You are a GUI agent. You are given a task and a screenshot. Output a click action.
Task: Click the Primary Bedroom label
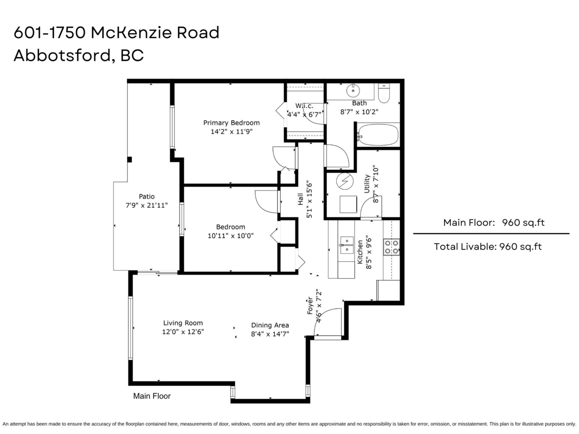tap(231, 123)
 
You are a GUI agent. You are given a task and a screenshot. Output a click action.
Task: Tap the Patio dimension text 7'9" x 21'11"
tap(147, 205)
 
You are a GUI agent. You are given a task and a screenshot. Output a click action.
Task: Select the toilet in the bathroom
tap(384, 94)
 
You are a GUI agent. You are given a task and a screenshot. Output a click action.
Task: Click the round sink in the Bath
tap(353, 91)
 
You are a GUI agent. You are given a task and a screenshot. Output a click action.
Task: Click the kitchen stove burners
tap(391, 247)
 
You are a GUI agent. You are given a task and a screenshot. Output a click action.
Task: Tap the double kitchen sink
tap(346, 245)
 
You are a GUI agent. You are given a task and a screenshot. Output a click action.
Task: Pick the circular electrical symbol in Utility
tap(345, 181)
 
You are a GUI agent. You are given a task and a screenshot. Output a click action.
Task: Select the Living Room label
tap(183, 323)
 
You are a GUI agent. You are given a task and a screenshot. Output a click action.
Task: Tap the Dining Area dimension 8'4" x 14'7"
tap(270, 334)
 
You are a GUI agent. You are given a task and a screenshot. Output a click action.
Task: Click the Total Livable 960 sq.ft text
tap(488, 246)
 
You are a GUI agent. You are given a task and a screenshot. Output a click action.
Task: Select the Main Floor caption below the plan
tap(152, 396)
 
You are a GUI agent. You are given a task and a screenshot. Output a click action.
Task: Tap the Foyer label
tap(310, 306)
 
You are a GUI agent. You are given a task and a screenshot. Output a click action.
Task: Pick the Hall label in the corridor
tap(301, 199)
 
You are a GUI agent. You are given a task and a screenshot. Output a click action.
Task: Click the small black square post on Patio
tap(129, 160)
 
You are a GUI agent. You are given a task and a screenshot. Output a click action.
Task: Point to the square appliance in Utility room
tap(348, 204)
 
